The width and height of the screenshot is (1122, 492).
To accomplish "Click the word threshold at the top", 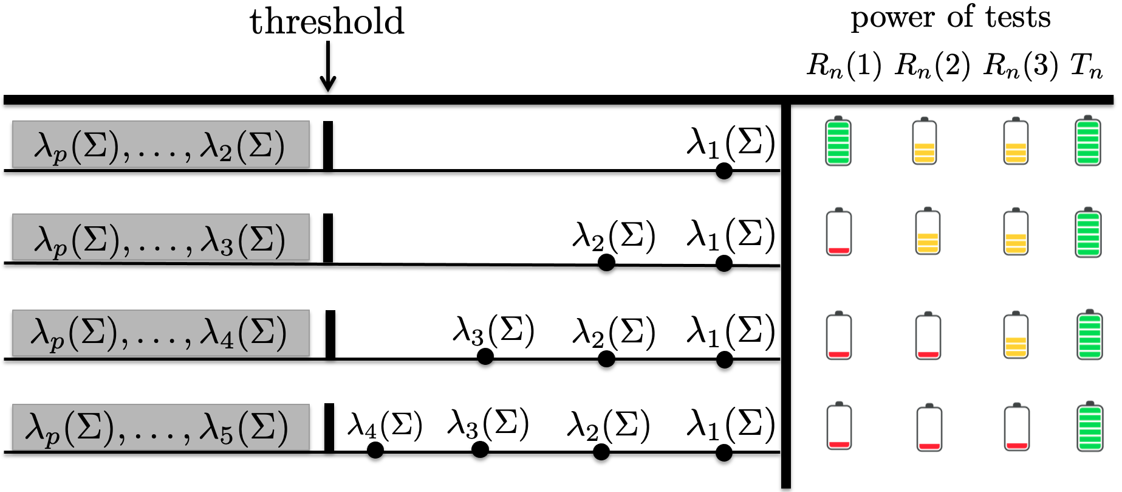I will pos(327,22).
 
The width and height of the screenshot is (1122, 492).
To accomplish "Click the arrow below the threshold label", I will pos(327,67).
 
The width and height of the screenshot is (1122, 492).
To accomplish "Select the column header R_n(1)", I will pos(844,66).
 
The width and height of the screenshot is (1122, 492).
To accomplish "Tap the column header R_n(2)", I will pos(932,66).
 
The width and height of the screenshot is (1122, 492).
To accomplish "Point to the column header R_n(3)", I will pos(1021,66).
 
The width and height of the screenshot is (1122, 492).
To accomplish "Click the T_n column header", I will pos(1087,66).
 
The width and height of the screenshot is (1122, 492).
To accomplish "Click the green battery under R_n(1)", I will pos(838,141).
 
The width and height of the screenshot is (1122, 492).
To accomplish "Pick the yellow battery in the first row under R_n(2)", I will pos(925,141).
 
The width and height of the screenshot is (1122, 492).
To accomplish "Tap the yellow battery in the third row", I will pos(1016,336).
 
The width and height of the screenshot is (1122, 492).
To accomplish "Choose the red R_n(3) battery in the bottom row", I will pos(1016,427).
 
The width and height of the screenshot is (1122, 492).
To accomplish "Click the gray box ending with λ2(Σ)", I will pos(160,145).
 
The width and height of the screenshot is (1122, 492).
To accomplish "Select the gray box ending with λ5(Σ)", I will pos(160,427).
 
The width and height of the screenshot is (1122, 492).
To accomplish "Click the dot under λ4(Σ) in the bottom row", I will pos(375,450).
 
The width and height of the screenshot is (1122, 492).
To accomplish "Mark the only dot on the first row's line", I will pos(723,171).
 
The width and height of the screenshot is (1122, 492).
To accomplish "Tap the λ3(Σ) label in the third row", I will pos(493,331).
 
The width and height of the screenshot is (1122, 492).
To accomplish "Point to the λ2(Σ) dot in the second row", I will pos(606,263).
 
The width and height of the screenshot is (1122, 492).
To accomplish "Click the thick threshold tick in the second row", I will pos(328,238).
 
